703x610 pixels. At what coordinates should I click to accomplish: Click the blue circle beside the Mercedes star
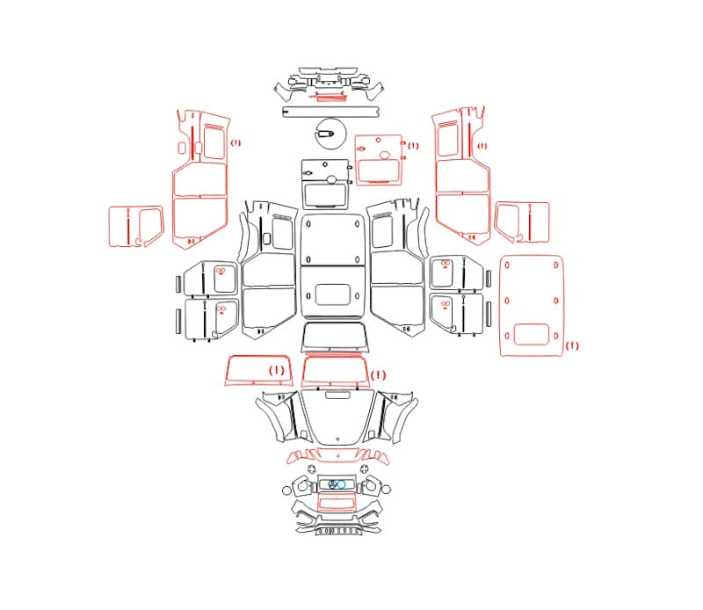[x=341, y=484]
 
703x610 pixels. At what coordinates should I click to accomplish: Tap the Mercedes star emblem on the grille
[x=333, y=484]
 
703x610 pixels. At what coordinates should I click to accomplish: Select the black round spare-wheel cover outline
[x=332, y=134]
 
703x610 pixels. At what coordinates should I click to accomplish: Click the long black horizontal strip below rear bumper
[x=331, y=112]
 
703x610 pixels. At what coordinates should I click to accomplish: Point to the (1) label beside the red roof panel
[x=572, y=345]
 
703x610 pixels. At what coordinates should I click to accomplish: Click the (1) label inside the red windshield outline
[x=277, y=371]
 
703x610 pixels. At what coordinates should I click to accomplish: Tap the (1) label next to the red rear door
[x=412, y=146]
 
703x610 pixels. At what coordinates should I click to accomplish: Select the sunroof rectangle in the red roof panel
[x=532, y=335]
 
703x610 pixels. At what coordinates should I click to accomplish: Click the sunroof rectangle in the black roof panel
[x=332, y=294]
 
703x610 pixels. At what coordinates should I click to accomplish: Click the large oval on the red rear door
[x=385, y=156]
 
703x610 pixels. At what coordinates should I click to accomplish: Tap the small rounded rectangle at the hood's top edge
[x=338, y=395]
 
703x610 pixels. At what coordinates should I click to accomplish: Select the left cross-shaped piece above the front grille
[x=312, y=469]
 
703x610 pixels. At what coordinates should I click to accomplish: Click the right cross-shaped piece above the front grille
[x=365, y=469]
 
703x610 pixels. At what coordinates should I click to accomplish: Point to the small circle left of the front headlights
[x=286, y=490]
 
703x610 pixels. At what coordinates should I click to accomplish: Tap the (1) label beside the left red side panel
[x=236, y=143]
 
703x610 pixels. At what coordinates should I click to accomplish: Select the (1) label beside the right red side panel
[x=482, y=146]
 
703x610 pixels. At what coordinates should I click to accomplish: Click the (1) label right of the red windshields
[x=378, y=375]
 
